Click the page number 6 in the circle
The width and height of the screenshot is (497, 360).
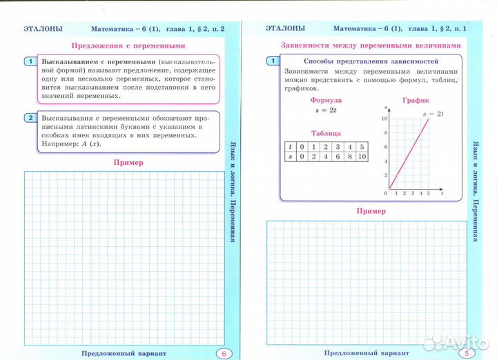(x=224, y=353)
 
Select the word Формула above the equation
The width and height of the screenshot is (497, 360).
(x=326, y=100)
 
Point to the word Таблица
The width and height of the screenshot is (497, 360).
(x=326, y=132)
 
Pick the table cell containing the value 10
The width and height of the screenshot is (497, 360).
(x=362, y=157)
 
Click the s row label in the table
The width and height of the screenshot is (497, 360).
(x=291, y=157)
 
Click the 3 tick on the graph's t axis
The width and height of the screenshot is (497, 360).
(x=413, y=194)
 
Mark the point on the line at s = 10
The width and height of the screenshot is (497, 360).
(x=429, y=119)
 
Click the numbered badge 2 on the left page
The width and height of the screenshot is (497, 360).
(x=30, y=118)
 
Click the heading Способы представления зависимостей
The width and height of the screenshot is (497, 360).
(x=359, y=61)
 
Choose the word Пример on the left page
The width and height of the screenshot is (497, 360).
(x=125, y=163)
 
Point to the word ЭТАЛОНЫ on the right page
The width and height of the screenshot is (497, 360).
(x=285, y=28)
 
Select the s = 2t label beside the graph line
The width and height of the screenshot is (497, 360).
(x=433, y=112)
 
